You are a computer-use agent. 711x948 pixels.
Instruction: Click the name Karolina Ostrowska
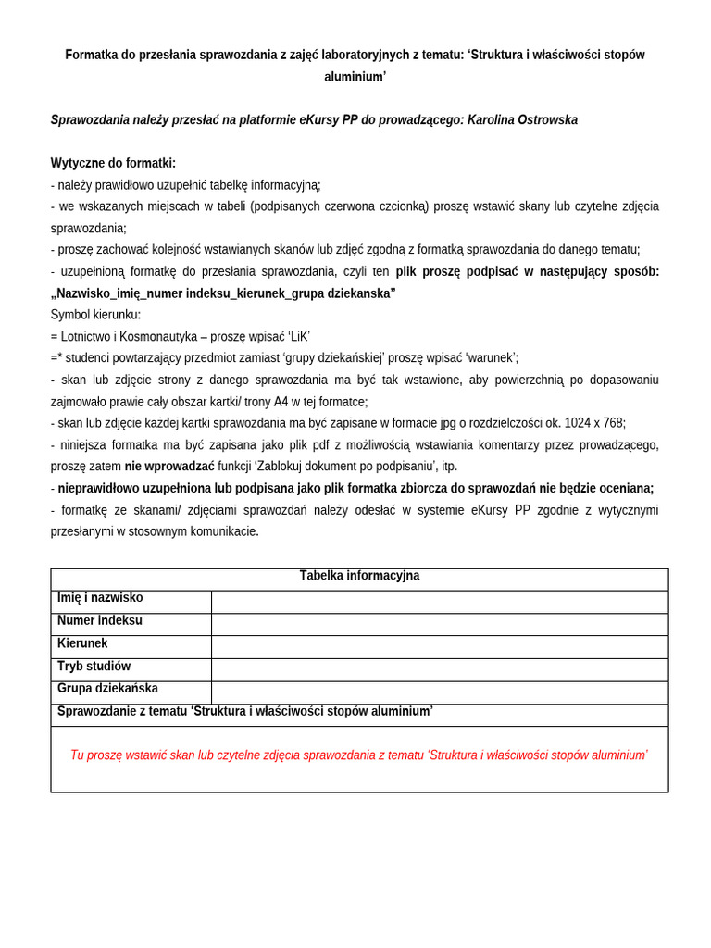pyautogui.click(x=522, y=120)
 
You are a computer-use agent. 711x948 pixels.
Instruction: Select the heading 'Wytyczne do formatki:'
pyautogui.click(x=113, y=163)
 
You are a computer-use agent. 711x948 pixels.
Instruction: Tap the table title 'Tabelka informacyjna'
pyautogui.click(x=359, y=576)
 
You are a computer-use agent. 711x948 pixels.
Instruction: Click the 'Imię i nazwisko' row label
pyautogui.click(x=100, y=598)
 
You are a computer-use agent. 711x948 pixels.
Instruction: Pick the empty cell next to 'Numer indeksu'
pyautogui.click(x=439, y=625)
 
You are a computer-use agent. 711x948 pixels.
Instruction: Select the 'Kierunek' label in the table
pyautogui.click(x=82, y=643)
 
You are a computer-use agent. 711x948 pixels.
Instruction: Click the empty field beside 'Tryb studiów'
pyautogui.click(x=439, y=670)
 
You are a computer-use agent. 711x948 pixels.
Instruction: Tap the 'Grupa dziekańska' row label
pyautogui.click(x=107, y=689)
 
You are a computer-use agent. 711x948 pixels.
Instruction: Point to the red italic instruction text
pyautogui.click(x=359, y=755)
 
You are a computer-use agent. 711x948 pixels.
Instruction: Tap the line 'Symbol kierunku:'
pyautogui.click(x=95, y=315)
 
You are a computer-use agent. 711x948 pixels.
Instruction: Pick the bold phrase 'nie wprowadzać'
pyautogui.click(x=169, y=467)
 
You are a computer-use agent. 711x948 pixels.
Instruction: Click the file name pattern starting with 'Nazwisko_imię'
pyautogui.click(x=223, y=293)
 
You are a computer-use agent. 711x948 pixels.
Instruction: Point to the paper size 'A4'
pyautogui.click(x=281, y=402)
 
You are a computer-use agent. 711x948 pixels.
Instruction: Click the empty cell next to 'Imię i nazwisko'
pyautogui.click(x=439, y=602)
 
